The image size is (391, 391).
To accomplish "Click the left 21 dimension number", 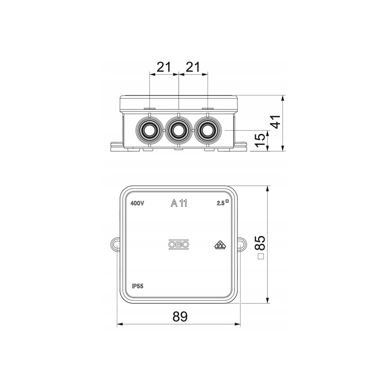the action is (164, 67).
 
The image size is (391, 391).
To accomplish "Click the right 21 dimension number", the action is (193, 67).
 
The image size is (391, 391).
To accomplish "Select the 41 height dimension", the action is (276, 122).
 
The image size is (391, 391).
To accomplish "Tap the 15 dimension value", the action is (260, 140).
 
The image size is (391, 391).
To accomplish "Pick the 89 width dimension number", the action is (180, 317).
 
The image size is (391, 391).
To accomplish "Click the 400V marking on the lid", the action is (137, 203).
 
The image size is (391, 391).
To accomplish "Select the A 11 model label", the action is (179, 203).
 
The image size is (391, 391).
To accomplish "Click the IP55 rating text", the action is (138, 286).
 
